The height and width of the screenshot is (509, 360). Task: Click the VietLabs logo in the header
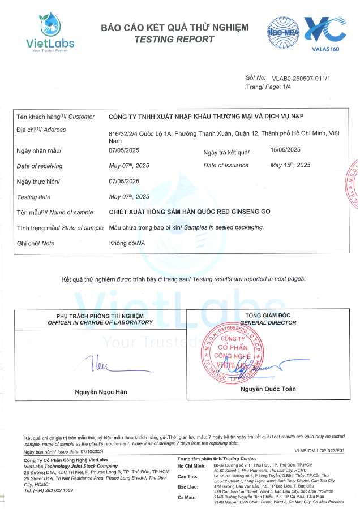[50, 32]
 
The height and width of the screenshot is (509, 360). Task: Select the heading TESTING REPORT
[174, 39]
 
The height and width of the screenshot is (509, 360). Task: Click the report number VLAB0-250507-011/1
[301, 78]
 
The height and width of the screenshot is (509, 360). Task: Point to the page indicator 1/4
[286, 87]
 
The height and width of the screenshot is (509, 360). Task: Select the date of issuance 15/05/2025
[285, 150]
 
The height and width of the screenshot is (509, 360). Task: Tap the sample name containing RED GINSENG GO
[190, 212]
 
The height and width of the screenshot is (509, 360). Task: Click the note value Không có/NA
[126, 243]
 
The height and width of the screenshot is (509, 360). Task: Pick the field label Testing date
[34, 197]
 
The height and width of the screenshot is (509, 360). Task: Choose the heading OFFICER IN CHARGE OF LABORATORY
[100, 322]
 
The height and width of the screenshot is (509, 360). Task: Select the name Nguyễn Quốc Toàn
[268, 389]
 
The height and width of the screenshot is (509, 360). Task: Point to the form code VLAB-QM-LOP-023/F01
[319, 451]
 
